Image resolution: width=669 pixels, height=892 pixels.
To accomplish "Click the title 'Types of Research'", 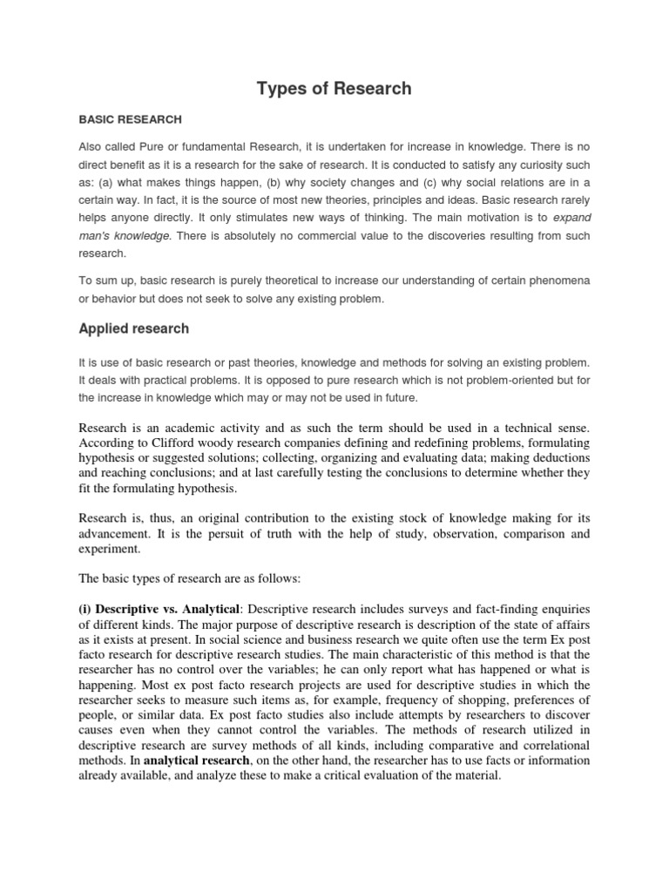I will click(x=334, y=89).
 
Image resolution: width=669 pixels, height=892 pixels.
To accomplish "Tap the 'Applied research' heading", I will click(x=133, y=329).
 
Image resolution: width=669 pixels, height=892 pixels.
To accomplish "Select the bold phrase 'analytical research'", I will click(x=197, y=761).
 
